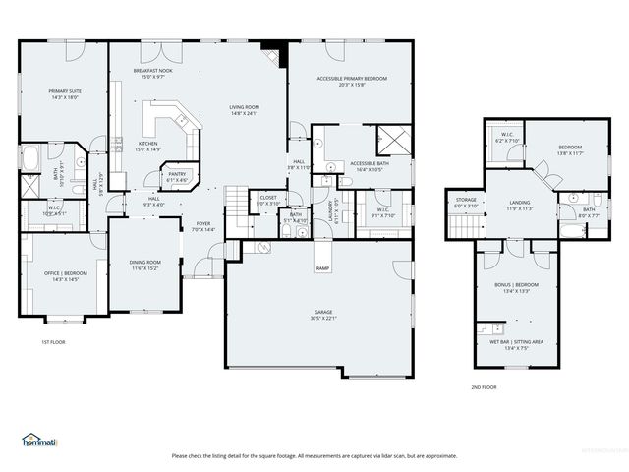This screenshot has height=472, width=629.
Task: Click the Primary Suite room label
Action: [65, 91]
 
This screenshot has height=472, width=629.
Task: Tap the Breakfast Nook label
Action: [152, 72]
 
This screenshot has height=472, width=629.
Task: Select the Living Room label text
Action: [244, 107]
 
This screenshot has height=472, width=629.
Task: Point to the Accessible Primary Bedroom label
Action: [351, 78]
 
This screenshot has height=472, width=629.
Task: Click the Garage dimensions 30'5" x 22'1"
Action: [319, 317]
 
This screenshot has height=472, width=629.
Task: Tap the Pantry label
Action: [177, 175]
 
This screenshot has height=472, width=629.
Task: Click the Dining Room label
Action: [145, 262]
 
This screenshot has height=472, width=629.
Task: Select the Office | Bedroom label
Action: [58, 274]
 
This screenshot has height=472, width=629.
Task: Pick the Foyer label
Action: [203, 223]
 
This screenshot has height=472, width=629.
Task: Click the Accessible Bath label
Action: [371, 163]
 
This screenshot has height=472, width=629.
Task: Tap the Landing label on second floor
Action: [520, 203]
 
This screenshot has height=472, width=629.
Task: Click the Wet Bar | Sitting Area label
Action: [517, 342]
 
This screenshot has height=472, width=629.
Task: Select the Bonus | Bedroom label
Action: [518, 286]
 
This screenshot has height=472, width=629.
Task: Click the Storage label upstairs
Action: [466, 200]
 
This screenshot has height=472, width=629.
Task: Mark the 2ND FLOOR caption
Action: [484, 387]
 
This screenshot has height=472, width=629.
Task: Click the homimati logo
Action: [40, 439]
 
